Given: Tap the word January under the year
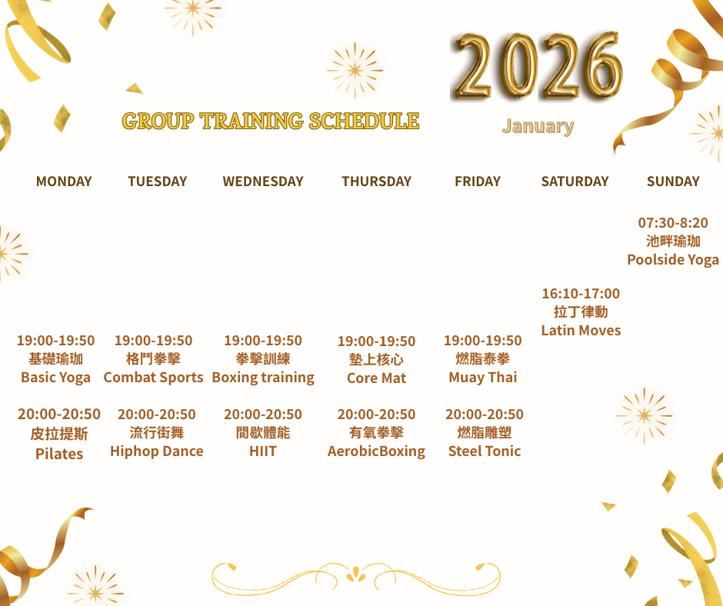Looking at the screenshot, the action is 538,126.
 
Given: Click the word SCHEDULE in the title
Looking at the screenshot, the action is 364,121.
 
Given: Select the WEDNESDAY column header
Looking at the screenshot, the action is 263,181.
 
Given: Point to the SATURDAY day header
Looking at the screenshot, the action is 575,181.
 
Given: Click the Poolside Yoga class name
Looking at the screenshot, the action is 673,260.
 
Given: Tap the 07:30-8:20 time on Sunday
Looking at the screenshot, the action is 673,223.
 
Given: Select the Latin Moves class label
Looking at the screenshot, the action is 581,330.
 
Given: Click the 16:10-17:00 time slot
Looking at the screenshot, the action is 581,293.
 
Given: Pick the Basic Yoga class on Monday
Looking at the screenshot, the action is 56,378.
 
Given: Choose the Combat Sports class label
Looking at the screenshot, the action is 154,378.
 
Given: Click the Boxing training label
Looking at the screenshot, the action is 263,378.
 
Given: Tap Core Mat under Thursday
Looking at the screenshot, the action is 376,378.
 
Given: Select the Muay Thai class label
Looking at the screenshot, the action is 483,378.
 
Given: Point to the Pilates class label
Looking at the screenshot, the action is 59,454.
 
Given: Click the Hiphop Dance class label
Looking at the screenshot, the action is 157,451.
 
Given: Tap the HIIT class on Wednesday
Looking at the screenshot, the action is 263,451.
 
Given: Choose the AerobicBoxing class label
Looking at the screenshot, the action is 376,451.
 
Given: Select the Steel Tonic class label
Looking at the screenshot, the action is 485,451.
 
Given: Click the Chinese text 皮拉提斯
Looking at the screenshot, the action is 59,434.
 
